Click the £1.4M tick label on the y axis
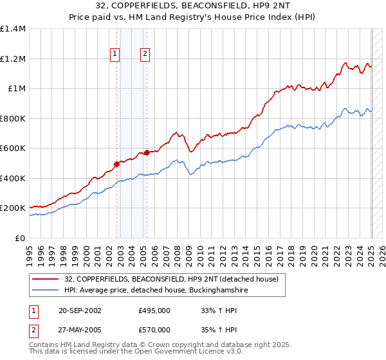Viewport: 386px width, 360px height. pyautogui.click(x=13, y=29)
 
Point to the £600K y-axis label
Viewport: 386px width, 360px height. pyautogui.click(x=13, y=148)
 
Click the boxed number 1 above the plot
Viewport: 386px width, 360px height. pyautogui.click(x=115, y=54)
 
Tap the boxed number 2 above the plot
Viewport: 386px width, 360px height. pyautogui.click(x=145, y=54)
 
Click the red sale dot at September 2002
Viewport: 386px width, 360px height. pyautogui.click(x=117, y=164)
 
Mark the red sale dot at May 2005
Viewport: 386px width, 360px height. pyautogui.click(x=147, y=152)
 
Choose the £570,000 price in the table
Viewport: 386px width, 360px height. pyautogui.click(x=154, y=329)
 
